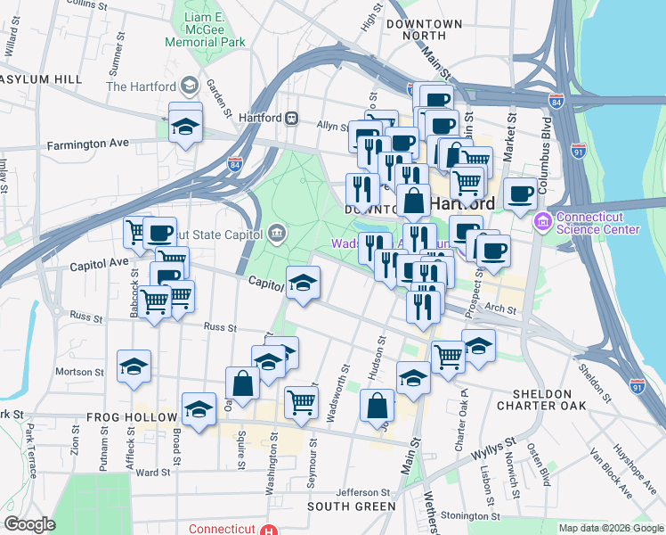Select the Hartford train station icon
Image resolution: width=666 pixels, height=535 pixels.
pos(291,118)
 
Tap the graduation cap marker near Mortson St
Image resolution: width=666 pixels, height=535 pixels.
pos(134,366)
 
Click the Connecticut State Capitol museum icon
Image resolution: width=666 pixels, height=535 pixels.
pos(277,234)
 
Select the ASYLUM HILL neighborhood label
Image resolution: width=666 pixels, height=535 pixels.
pos(41,79)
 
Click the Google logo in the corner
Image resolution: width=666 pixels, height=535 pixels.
pos(29,524)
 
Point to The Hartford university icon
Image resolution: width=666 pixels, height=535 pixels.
pos(189,86)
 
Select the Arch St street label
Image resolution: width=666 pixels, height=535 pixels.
pos(501,309)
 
